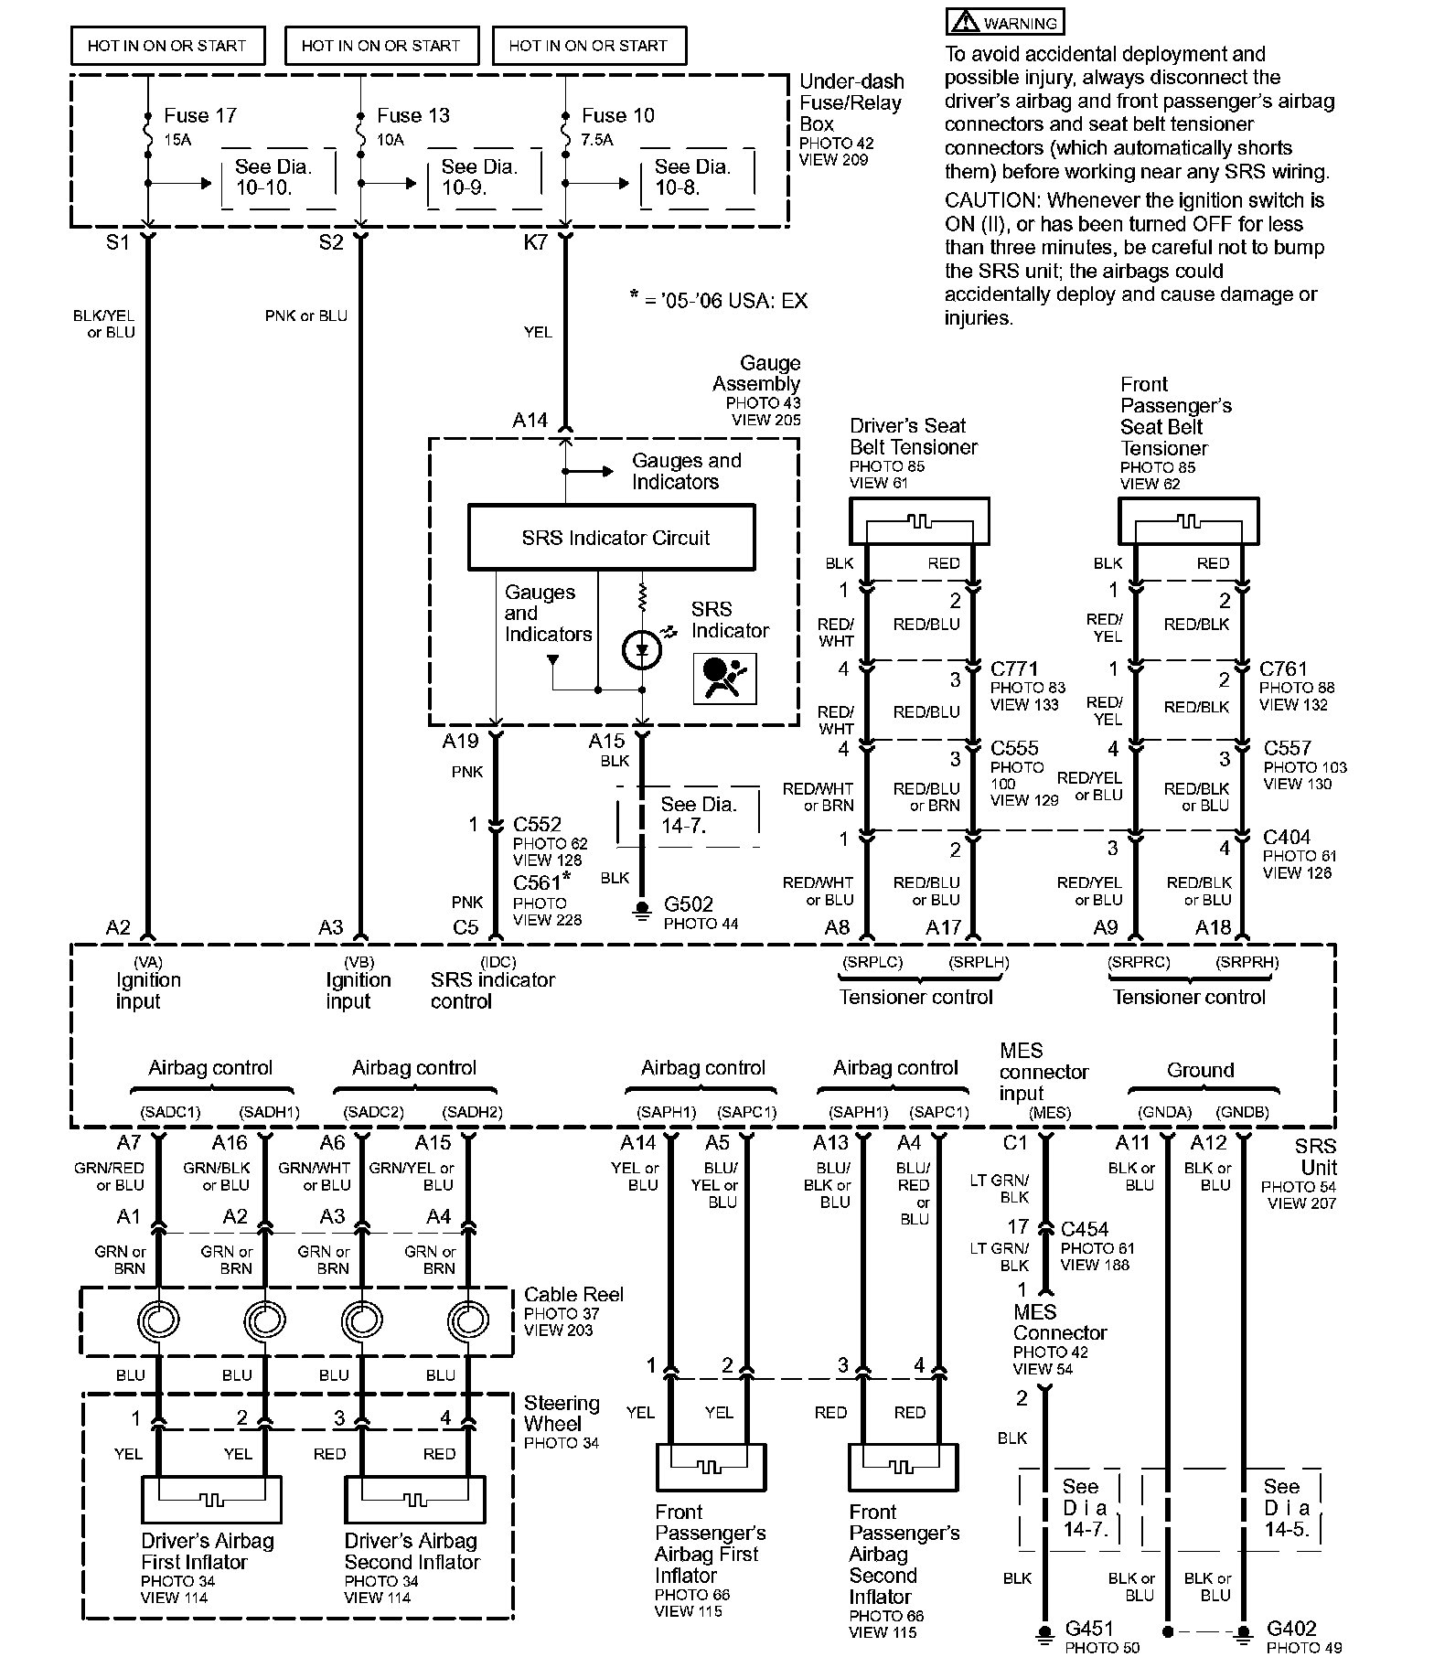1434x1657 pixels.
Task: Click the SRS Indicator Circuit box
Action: (x=611, y=537)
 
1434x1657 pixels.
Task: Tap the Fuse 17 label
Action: (x=199, y=115)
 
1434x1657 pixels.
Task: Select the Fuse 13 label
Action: (x=412, y=115)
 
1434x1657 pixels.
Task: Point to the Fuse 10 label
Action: (x=617, y=115)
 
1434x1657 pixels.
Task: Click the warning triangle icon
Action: (x=963, y=22)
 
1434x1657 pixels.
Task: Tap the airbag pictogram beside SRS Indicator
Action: (x=724, y=678)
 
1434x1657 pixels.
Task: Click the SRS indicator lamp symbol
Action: (x=641, y=650)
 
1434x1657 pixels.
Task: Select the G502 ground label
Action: (x=688, y=904)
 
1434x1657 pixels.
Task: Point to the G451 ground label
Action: (x=1089, y=1629)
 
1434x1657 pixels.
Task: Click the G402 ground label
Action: (x=1291, y=1629)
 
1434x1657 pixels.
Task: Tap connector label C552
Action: (x=537, y=824)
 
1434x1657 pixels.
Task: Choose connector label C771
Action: (x=1014, y=668)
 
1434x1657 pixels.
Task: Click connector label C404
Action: (x=1286, y=837)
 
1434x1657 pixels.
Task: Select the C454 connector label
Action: (x=1085, y=1229)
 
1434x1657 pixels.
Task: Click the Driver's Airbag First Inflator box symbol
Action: (x=211, y=1500)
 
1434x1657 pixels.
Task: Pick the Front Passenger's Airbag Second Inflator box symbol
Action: (x=903, y=1467)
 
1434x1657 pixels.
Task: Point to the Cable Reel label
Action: (x=573, y=1294)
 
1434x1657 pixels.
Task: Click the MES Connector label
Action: (x=1059, y=1322)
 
